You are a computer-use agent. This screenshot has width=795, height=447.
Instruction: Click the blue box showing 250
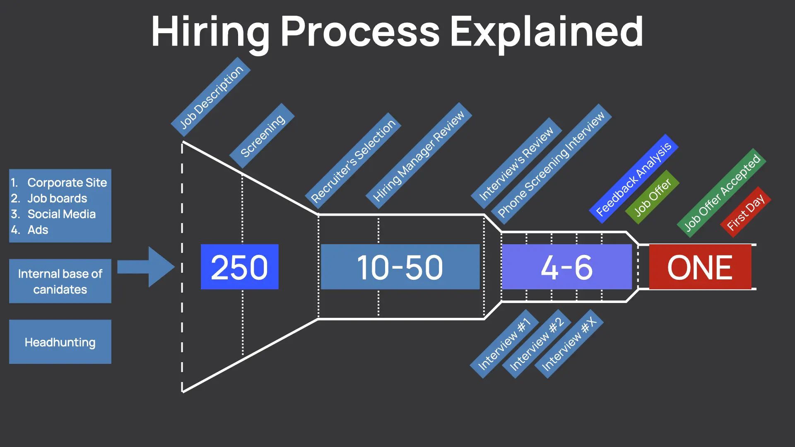tap(239, 267)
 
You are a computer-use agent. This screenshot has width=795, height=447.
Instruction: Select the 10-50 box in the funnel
tap(400, 267)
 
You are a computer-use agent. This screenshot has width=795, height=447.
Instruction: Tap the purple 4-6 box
tap(566, 267)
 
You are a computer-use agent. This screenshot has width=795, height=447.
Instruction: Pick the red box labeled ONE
tap(700, 267)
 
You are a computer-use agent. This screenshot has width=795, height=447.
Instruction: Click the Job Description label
tap(211, 97)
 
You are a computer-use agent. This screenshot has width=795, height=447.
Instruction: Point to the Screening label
tap(262, 135)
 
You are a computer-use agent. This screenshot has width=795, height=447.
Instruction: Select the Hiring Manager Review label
tap(418, 156)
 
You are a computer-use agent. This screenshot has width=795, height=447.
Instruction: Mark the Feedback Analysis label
tap(633, 179)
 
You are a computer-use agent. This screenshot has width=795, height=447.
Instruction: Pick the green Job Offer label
tap(652, 197)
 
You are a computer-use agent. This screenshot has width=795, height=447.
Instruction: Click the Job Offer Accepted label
tap(722, 193)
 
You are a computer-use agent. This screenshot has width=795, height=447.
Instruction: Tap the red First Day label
tap(745, 212)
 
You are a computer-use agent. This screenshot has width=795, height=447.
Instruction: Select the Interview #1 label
tap(504, 344)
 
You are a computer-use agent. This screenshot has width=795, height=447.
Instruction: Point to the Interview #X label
tap(569, 344)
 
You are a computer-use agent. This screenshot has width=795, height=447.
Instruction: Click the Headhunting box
tap(60, 342)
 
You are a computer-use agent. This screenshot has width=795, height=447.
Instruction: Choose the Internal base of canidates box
tap(60, 281)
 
